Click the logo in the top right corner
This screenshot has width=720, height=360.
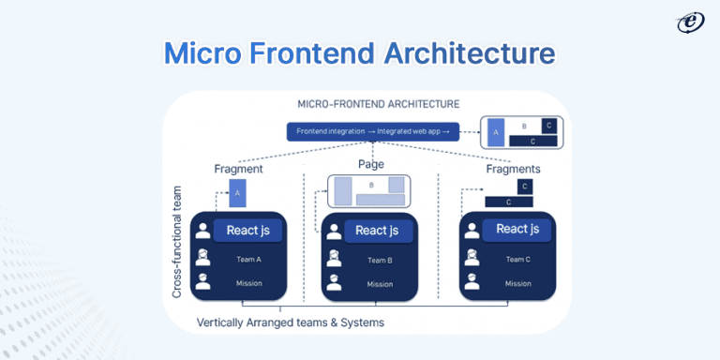point(691,22)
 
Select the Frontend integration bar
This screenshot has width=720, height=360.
point(373,132)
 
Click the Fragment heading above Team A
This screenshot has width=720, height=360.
point(238,169)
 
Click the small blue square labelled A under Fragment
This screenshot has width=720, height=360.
point(238,192)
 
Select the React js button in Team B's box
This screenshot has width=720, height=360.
point(377,231)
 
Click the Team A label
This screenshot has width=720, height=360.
point(247,259)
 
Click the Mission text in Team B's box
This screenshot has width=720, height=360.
point(380,284)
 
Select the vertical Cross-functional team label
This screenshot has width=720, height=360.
point(176,241)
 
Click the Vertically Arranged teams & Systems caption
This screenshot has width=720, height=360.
point(291,322)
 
